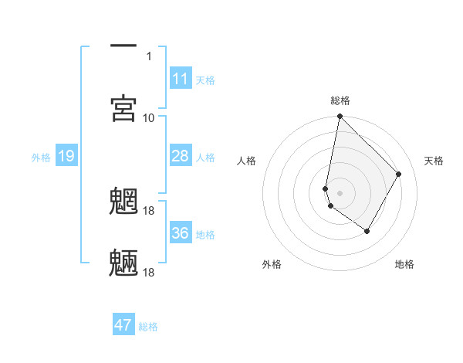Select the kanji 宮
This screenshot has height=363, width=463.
(123, 108)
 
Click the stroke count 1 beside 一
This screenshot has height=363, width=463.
(148, 56)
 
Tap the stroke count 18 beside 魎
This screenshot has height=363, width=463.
(150, 272)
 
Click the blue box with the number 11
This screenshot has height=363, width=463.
(181, 79)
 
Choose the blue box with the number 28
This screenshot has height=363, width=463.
(181, 156)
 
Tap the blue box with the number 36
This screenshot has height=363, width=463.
(181, 232)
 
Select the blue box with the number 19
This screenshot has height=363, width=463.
(66, 157)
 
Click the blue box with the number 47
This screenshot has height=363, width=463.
(123, 325)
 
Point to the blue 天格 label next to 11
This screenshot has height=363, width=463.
(205, 80)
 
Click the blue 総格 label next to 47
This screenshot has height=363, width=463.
(148, 327)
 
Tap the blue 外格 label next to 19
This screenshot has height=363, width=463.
(41, 158)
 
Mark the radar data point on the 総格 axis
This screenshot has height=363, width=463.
(340, 117)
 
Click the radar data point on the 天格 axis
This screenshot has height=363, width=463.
(399, 174)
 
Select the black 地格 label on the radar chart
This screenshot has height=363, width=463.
(404, 264)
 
